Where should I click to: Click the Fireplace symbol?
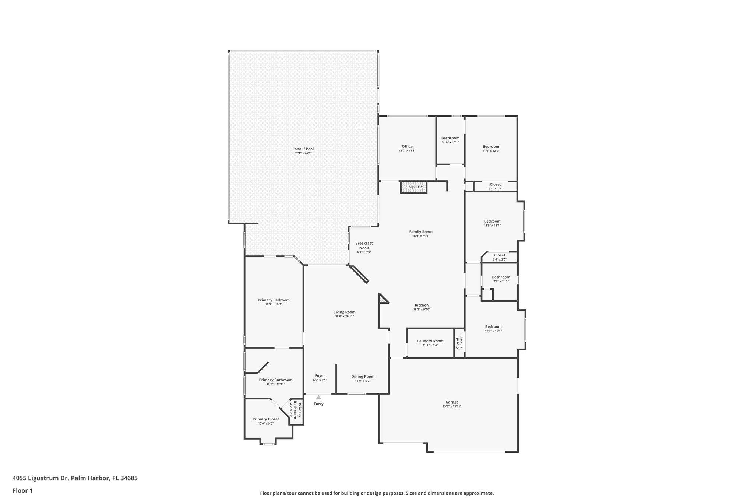point(413,187)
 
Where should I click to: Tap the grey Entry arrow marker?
point(318,397)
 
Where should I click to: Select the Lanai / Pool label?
point(303,149)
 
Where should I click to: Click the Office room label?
point(407,146)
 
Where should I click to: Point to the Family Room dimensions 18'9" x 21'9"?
point(421,236)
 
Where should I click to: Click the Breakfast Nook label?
point(364,245)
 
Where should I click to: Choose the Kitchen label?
point(422,305)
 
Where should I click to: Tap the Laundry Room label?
point(430,341)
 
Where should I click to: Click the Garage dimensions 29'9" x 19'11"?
point(452,406)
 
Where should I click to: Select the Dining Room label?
point(363,377)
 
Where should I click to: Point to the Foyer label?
point(320,376)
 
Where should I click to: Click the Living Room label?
point(345,312)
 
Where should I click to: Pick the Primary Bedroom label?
point(274,300)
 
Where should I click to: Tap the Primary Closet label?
point(265,419)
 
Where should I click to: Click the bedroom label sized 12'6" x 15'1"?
point(492,221)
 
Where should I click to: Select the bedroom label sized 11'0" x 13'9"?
point(491,147)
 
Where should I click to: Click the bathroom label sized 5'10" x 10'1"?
point(450,138)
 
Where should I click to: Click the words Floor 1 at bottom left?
point(23,490)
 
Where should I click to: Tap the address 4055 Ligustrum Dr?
point(40,478)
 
